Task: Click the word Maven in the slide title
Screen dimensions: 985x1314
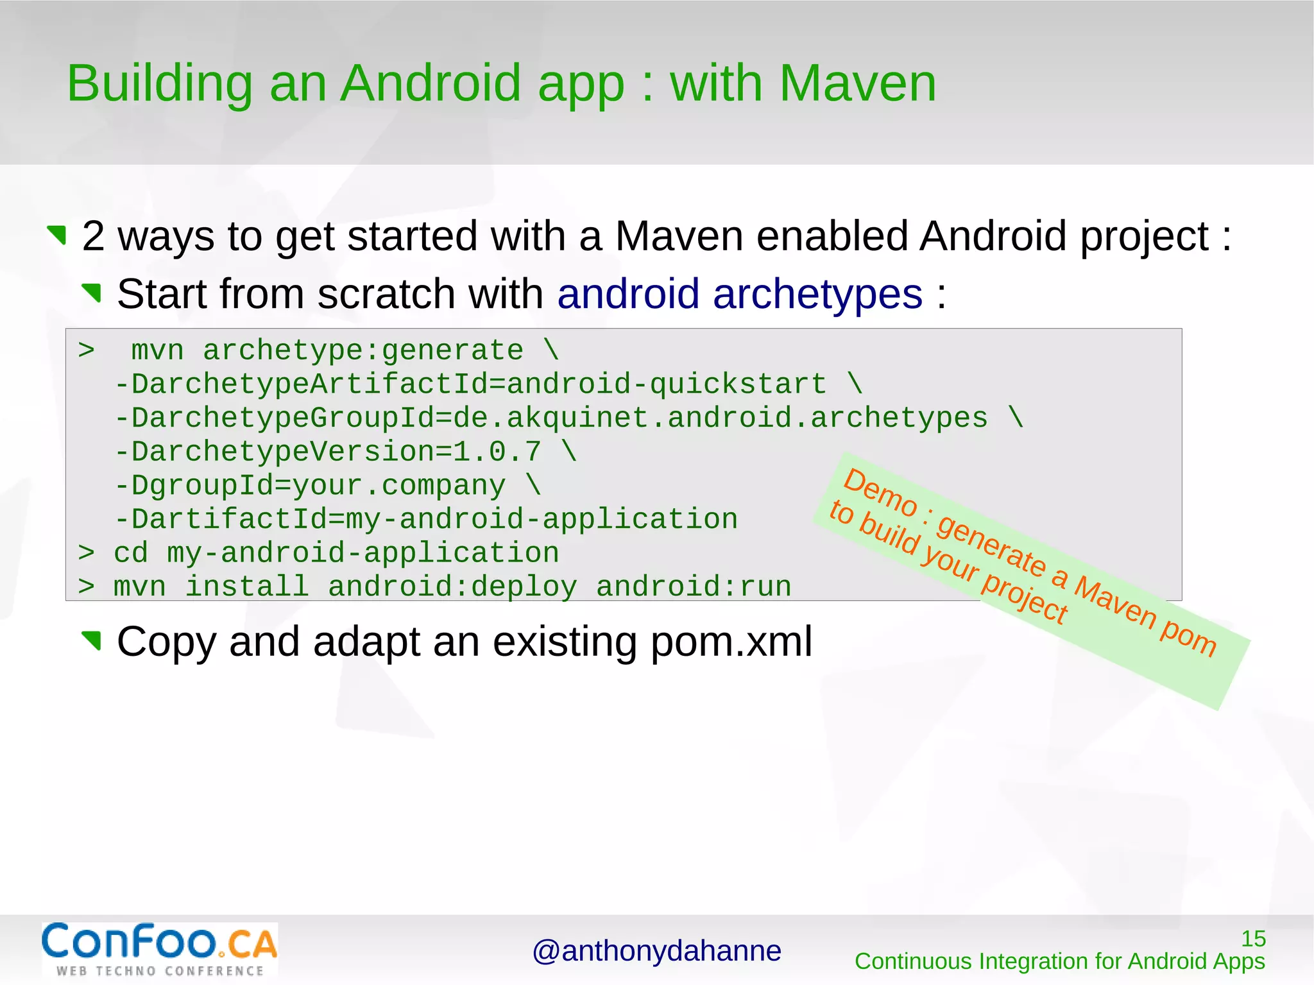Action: (857, 83)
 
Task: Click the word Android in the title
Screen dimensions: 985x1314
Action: (430, 83)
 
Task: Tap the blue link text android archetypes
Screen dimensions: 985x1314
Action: (739, 294)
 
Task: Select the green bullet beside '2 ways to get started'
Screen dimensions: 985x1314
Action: (58, 235)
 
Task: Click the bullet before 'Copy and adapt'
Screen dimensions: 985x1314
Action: (92, 640)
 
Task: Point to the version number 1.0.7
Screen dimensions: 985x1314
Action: (497, 452)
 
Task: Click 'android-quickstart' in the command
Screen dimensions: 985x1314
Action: (666, 384)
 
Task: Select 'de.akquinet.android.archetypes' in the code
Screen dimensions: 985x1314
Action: (720, 418)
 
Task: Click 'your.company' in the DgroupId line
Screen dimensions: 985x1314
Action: (398, 486)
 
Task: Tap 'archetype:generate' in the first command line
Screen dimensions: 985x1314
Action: (363, 351)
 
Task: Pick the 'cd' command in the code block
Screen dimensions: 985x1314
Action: (130, 553)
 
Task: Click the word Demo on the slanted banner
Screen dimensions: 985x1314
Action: (880, 493)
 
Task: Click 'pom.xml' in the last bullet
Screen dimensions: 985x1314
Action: (731, 641)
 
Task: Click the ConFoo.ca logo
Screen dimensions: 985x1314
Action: (159, 949)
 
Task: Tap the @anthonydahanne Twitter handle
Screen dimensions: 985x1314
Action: (656, 951)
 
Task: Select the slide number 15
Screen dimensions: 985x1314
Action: (1253, 939)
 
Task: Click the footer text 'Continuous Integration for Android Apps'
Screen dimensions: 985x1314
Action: (1059, 961)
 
